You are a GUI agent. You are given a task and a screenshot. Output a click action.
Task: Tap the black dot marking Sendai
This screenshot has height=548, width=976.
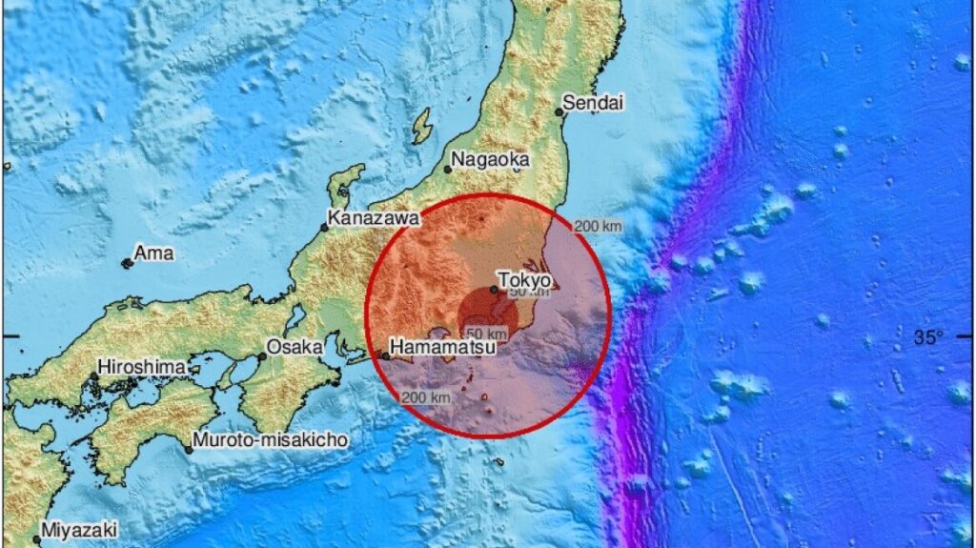point(559,112)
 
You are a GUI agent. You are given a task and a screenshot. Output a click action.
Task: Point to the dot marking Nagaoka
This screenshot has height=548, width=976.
point(448,170)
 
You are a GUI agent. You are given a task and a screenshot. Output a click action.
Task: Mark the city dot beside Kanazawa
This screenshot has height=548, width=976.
point(325,227)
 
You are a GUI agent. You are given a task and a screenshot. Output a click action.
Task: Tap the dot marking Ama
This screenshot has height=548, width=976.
point(127,263)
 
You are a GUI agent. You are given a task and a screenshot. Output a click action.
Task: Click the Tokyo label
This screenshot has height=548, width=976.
point(524,281)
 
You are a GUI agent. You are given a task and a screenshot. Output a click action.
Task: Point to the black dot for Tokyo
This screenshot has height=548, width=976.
point(494,289)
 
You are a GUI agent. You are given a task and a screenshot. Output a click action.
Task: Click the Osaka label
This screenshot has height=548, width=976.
point(295,347)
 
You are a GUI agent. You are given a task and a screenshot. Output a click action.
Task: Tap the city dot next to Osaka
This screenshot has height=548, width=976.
point(262,356)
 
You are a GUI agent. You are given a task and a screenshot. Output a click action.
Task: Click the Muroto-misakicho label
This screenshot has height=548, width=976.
point(270,440)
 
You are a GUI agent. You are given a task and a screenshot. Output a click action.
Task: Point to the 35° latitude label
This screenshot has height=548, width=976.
point(928,336)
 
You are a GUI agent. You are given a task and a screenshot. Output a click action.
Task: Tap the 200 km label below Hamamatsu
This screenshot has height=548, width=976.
point(426,396)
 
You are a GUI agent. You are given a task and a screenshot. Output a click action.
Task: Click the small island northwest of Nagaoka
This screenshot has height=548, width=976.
point(421,125)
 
